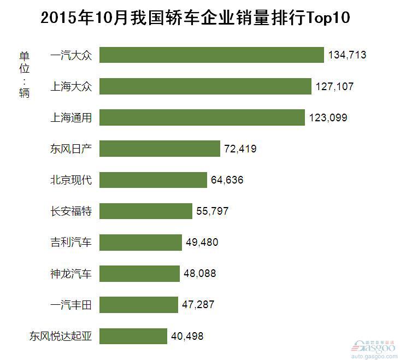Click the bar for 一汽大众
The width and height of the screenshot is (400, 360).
pyautogui.click(x=212, y=55)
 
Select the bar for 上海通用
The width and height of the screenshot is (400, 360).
pyautogui.click(x=202, y=117)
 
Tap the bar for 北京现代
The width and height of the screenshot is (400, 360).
pyautogui.click(x=154, y=180)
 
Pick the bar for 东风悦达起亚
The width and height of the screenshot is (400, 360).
pyautogui.click(x=133, y=336)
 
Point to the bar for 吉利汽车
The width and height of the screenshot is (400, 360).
pyautogui.click(x=140, y=242)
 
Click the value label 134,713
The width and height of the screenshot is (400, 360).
pyautogui.click(x=347, y=55)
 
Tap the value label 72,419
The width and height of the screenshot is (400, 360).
pyautogui.click(x=240, y=149)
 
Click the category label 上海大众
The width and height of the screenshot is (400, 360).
pyautogui.click(x=71, y=86)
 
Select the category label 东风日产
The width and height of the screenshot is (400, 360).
pyautogui.click(x=71, y=149)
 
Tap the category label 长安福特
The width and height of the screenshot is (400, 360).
pyautogui.click(x=71, y=211)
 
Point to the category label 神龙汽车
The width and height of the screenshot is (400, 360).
pyautogui.click(x=71, y=273)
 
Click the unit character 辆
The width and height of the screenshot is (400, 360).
pyautogui.click(x=24, y=93)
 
